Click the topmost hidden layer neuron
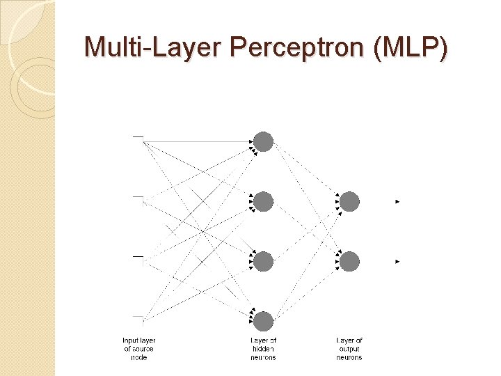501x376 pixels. coord(263,142)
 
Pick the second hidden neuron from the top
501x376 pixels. coord(263,202)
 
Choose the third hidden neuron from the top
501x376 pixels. coord(263,262)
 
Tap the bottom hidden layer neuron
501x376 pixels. coord(263,321)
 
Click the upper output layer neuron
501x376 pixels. coord(349,202)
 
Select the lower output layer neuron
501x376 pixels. coord(349,262)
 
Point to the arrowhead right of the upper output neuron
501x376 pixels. coord(397,202)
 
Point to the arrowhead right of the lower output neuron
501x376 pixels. coord(397,262)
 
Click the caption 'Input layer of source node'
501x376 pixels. coord(138,349)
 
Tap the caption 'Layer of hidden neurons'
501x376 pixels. coord(263,349)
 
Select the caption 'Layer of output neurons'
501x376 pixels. coord(349,349)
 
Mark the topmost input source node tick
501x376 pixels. coord(138,137)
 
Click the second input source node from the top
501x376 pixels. coord(138,197)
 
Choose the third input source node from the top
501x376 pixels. coord(138,257)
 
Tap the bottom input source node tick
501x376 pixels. coord(138,317)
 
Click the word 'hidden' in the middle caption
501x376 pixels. coord(263,349)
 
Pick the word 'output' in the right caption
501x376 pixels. coord(349,349)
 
